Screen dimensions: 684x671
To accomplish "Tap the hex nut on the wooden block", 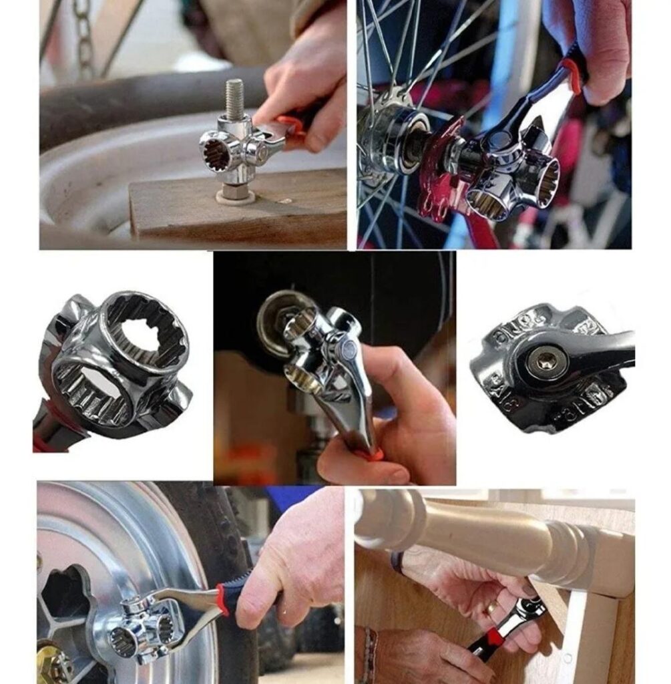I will [x=235, y=192].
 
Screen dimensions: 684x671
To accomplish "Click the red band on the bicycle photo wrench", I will [x=572, y=75].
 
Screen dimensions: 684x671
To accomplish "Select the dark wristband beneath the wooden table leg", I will [x=398, y=561].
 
